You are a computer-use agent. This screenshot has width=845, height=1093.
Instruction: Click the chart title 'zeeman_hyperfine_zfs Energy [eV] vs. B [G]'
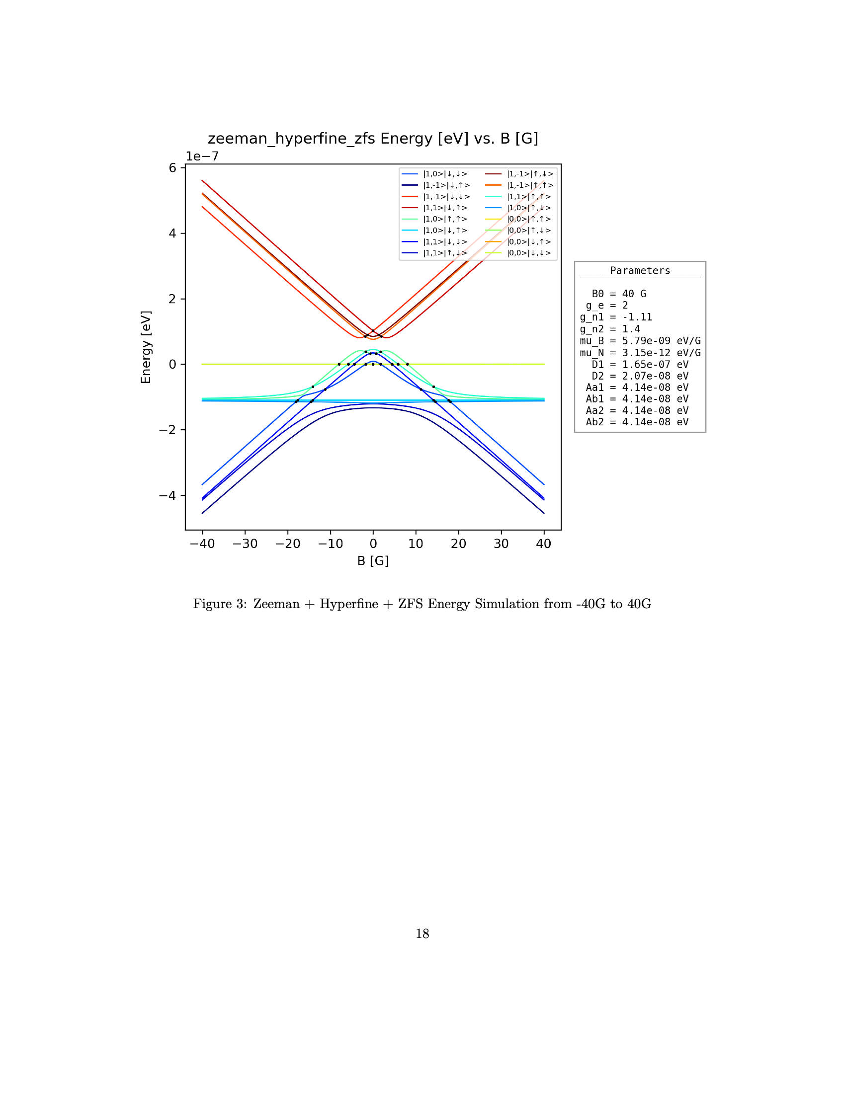372,139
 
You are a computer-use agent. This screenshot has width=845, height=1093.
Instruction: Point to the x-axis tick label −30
245,544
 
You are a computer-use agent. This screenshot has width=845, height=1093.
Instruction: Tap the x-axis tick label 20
458,544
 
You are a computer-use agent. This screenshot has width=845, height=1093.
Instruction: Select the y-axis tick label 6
172,168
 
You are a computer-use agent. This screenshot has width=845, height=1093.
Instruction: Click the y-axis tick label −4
168,495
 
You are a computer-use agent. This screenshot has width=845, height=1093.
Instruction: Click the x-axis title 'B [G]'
373,560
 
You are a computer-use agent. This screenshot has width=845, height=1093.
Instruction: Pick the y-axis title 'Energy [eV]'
146,347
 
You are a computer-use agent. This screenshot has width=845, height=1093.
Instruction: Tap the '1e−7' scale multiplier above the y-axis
202,156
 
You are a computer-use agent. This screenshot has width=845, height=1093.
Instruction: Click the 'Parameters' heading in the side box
640,271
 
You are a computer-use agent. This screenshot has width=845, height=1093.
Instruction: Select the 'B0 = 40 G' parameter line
619,294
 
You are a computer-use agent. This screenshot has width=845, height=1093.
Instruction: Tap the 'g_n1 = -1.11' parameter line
616,317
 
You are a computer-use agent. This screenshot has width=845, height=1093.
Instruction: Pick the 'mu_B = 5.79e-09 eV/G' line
640,341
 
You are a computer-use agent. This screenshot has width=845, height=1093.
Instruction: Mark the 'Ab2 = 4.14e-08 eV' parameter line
637,422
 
